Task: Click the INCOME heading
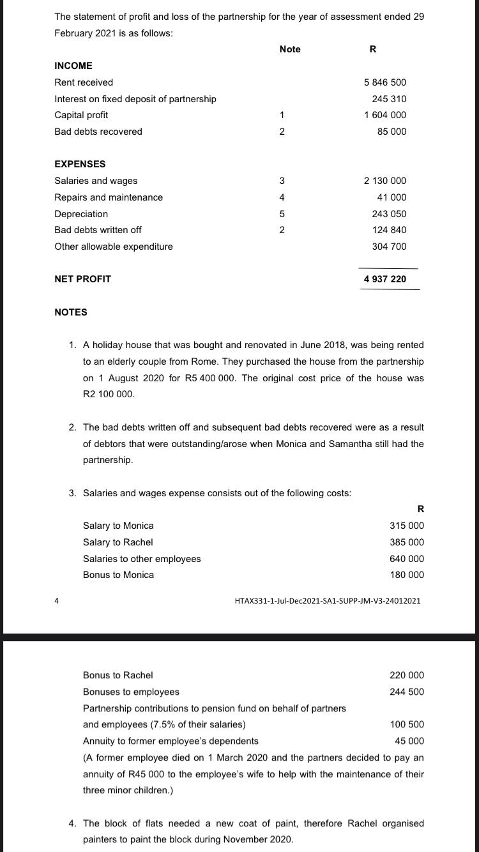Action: point(73,66)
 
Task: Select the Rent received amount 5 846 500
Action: point(384,82)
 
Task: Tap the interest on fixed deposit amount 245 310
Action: point(389,99)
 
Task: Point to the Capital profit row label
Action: point(81,115)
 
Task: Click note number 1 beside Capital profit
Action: point(282,115)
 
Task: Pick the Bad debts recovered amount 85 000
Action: point(392,132)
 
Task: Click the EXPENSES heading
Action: point(80,164)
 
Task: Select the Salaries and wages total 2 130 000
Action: point(384,181)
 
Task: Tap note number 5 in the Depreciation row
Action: point(282,214)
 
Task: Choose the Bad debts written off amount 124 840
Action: point(389,230)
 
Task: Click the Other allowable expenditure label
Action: point(114,247)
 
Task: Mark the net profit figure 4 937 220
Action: point(384,279)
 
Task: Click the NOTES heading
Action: point(71,312)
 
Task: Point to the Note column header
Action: point(290,49)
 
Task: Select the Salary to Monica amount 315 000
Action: point(406,526)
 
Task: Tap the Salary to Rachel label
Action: point(118,542)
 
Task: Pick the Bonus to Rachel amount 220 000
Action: point(406,675)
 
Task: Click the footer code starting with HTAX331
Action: point(328,601)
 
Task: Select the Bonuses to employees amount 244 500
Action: point(406,692)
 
